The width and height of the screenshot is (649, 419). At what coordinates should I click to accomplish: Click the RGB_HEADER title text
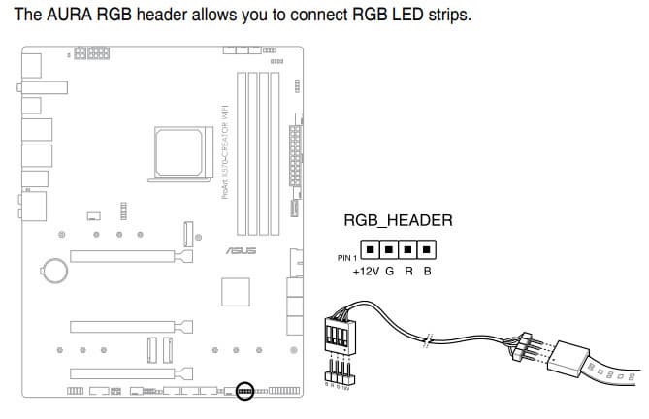(x=399, y=221)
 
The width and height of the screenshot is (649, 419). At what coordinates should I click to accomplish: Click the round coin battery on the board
(x=53, y=266)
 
